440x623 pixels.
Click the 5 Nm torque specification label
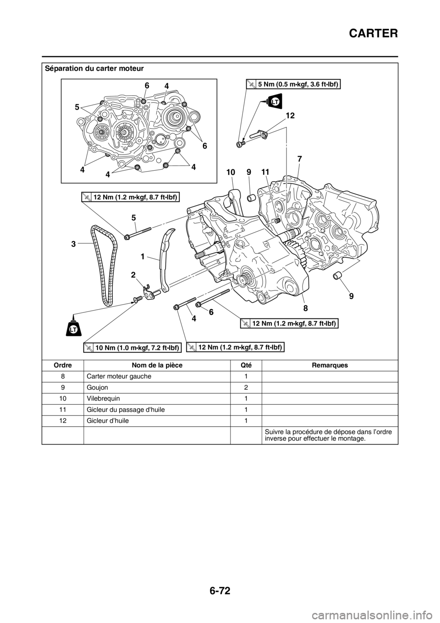293,84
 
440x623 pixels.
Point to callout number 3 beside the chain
73,245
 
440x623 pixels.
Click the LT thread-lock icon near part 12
274,101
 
